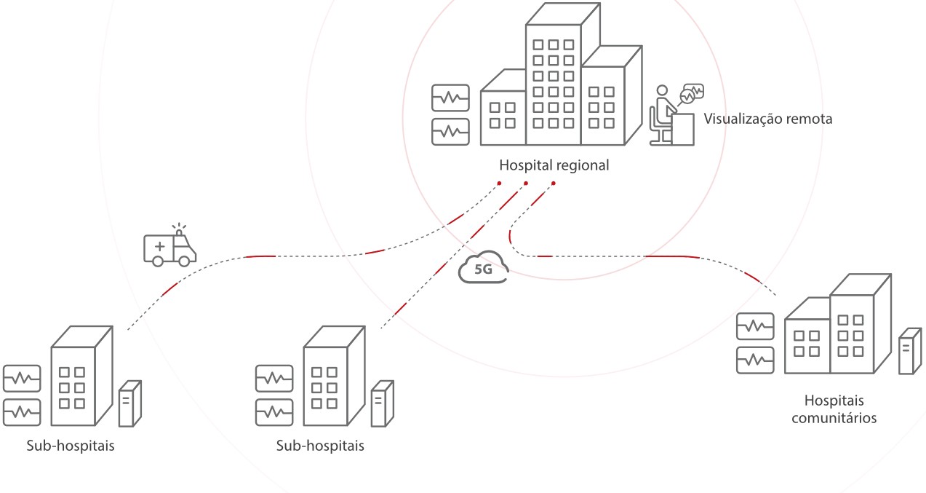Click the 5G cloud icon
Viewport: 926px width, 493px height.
tap(482, 267)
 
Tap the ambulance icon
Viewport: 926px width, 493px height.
tap(169, 248)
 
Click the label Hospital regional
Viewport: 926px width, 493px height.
tap(554, 165)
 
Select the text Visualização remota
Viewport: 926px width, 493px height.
tap(767, 119)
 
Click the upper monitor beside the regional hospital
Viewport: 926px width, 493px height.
tap(450, 98)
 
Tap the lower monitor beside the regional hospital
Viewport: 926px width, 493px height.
tap(450, 132)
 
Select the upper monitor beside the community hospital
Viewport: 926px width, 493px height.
tap(754, 326)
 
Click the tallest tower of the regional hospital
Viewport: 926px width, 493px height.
tap(554, 80)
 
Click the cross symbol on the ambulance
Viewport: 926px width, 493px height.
tap(159, 246)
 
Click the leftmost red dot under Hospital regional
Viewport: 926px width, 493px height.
tap(500, 183)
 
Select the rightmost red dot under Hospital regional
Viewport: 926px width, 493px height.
tap(553, 183)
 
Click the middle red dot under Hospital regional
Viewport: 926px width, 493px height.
tap(526, 183)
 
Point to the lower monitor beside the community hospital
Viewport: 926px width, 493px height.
tap(754, 358)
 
